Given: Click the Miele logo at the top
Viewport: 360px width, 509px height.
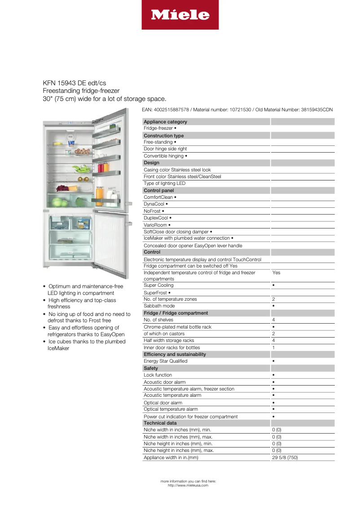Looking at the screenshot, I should click(180, 15).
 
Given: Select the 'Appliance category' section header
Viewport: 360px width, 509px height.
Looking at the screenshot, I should click(165, 122).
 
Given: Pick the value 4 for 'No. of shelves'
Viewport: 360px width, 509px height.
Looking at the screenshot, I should click(273, 320).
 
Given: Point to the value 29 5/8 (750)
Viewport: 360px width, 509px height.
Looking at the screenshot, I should click(285, 457).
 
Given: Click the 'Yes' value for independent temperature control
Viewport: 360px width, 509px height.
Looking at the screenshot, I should click(276, 272).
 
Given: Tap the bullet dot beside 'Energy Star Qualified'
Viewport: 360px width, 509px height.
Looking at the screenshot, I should click(273, 361).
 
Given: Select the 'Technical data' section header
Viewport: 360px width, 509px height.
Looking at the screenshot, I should click(160, 423).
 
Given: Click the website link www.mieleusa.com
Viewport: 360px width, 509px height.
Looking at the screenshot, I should click(188, 485).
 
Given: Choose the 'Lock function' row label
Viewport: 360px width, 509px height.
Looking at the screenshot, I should click(158, 375).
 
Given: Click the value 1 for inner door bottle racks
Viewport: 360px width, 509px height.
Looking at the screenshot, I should click(273, 347).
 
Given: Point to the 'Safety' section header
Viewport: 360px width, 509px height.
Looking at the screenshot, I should click(151, 368).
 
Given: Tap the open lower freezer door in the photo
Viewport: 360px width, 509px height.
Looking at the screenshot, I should click(110, 240).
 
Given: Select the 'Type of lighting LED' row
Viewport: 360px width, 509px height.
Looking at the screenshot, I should click(164, 183).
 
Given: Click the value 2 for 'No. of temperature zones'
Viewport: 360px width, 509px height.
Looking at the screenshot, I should click(273, 299).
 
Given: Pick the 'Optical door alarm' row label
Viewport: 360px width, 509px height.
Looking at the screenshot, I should click(163, 403).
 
